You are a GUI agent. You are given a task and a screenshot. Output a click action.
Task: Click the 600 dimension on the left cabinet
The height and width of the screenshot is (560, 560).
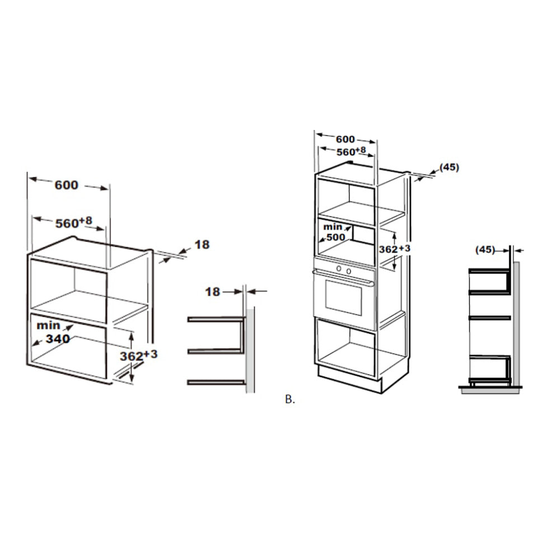tap(67, 185)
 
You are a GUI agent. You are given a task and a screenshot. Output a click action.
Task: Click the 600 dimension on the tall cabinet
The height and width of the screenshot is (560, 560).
tap(346, 139)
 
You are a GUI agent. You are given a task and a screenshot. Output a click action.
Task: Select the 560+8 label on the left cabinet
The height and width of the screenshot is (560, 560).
tap(73, 222)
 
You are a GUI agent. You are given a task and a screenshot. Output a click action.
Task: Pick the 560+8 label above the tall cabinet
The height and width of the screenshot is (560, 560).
tap(351, 151)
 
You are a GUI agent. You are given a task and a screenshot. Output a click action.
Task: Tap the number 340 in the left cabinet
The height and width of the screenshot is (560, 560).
tap(58, 338)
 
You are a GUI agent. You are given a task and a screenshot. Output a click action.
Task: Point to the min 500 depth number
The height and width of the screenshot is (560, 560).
tap(336, 237)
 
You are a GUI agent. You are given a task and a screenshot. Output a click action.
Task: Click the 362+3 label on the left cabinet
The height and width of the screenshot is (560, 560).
tap(138, 356)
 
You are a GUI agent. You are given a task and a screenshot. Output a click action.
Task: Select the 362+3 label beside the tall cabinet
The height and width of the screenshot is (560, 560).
tap(394, 248)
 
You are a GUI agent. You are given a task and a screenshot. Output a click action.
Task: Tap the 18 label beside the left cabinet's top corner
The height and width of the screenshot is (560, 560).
tap(202, 245)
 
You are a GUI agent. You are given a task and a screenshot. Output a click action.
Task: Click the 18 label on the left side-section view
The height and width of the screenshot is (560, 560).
tap(212, 292)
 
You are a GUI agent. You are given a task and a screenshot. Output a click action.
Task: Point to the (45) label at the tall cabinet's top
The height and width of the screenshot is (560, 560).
tap(449, 167)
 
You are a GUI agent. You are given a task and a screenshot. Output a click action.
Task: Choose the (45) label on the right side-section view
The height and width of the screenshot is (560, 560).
tap(485, 250)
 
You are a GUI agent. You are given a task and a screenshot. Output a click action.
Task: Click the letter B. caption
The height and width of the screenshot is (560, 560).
tap(290, 400)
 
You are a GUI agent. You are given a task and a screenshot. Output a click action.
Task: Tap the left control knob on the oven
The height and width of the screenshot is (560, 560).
tap(339, 268)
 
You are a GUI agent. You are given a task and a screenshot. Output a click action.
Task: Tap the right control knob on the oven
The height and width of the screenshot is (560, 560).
tap(348, 272)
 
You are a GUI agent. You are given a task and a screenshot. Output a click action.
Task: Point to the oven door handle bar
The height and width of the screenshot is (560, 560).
tap(343, 278)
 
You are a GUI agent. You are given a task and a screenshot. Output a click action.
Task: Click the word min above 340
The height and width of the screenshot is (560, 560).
tap(49, 325)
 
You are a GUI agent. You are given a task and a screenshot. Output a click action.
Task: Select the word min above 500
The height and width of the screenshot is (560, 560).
tap(333, 227)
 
